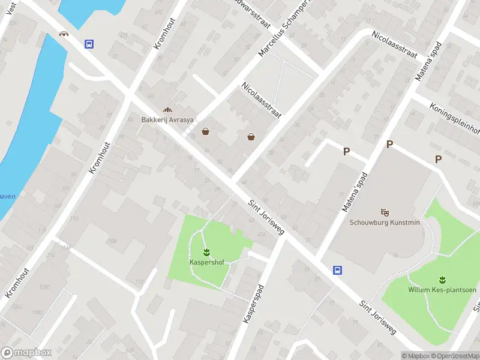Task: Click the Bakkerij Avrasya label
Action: (167, 119)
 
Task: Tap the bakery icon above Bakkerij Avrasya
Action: (167, 110)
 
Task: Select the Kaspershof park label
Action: (206, 262)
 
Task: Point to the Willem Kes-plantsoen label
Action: (442, 290)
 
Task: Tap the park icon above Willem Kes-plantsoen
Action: (442, 280)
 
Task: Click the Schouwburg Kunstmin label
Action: (385, 222)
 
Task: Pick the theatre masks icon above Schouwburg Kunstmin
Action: (385, 212)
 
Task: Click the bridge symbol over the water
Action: (64, 34)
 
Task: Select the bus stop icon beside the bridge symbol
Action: (89, 44)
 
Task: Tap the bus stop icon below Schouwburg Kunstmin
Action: (338, 270)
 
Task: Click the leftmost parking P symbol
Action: (346, 152)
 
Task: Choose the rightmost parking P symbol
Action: (439, 159)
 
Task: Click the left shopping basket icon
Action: (206, 131)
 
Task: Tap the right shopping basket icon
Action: (251, 137)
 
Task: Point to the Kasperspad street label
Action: (254, 304)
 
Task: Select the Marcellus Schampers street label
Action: (282, 30)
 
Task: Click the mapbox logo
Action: (26, 353)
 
